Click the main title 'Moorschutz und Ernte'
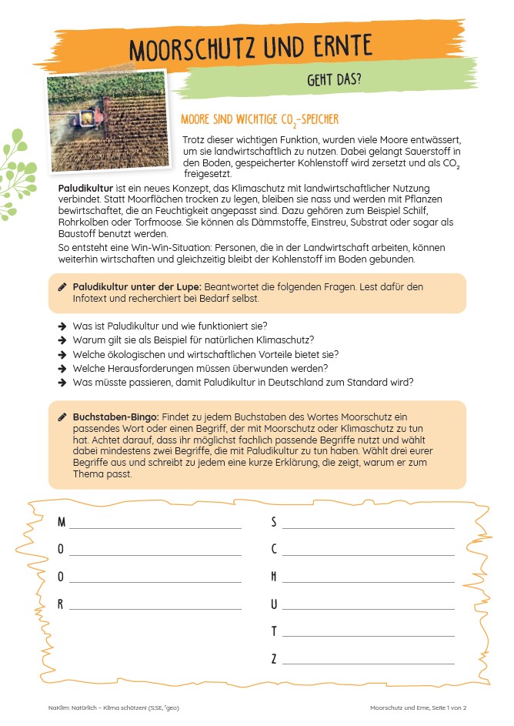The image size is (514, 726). click(251, 47)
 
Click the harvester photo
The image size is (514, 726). click(106, 122)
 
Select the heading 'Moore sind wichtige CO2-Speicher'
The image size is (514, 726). click(259, 120)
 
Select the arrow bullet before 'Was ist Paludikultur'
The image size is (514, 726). click(62, 326)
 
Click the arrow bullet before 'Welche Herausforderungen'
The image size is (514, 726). click(62, 368)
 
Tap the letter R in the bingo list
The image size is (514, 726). click(61, 604)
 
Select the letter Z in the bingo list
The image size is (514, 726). click(274, 658)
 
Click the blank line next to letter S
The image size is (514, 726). click(368, 528)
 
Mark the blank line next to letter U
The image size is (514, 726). click(368, 609)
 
